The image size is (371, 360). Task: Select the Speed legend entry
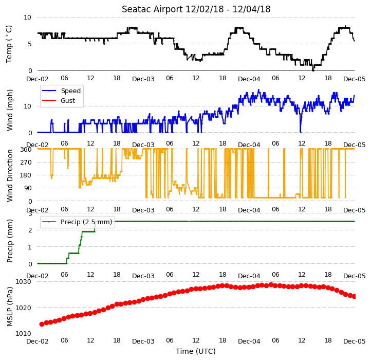coord(62,91)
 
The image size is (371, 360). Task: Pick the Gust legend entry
coord(59,100)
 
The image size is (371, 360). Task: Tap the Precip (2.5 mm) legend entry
coord(77,222)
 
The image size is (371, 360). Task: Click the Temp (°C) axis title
coord(9,44)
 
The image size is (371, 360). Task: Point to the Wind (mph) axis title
coord(9,110)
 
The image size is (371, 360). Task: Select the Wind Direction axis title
coord(9,175)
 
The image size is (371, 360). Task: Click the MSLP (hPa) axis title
coord(9,307)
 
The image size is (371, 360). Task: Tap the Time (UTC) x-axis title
coord(196,351)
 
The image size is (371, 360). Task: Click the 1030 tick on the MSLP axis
coord(24,282)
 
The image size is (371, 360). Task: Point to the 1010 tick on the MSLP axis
coord(24,333)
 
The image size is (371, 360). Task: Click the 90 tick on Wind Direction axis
coord(28,188)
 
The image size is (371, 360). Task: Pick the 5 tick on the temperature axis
coord(30,44)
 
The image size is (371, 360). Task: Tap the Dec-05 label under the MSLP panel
coord(355,341)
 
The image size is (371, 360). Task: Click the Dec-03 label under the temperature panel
coord(143,79)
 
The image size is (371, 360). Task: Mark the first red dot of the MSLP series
coord(42,324)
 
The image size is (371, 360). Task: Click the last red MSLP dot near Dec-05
coord(354,296)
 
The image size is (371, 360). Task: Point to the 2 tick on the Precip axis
coord(30,230)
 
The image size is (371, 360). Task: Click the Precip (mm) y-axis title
coord(9,241)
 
